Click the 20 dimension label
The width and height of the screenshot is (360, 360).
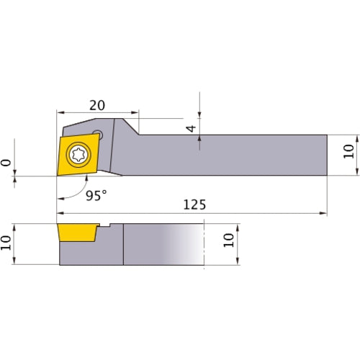[x=98, y=104]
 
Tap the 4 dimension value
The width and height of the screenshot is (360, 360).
[x=190, y=129]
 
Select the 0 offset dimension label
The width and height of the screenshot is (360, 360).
[x=6, y=163]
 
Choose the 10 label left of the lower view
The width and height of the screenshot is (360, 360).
[x=6, y=244]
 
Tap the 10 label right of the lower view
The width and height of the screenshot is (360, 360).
[x=230, y=240]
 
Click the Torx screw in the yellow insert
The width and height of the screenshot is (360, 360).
[x=78, y=153]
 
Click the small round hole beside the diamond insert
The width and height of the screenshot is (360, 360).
[x=101, y=133]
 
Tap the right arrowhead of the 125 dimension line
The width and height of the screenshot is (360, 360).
[x=323, y=213]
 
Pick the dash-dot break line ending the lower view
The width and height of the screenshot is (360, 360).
[x=205, y=245]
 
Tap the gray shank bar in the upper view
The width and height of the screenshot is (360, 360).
[x=230, y=155]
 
